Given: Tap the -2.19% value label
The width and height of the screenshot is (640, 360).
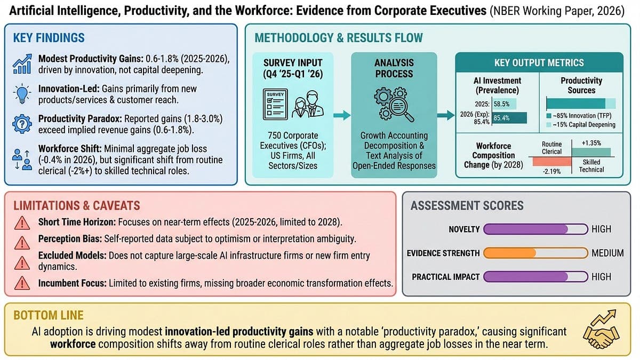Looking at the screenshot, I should [x=548, y=172].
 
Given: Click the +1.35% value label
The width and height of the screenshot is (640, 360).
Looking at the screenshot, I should [x=592, y=143].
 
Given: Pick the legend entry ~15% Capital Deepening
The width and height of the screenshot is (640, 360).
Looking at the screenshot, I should [x=581, y=124].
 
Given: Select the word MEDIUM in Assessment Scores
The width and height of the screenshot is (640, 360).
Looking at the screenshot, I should [x=607, y=253].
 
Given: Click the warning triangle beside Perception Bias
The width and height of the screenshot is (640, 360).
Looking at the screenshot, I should [x=22, y=243].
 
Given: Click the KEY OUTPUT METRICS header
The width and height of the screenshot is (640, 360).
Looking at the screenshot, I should [x=539, y=62].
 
